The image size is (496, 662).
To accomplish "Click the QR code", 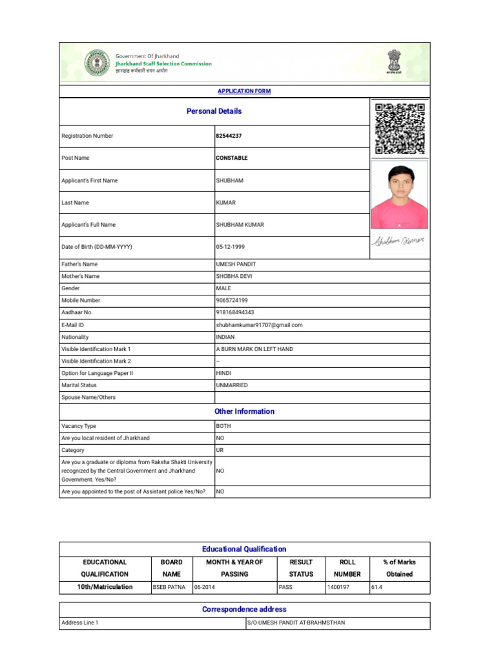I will (x=400, y=128).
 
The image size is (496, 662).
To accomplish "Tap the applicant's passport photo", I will (x=399, y=194).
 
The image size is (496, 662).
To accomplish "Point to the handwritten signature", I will (x=398, y=242).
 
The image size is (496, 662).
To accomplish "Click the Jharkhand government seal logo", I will (x=97, y=63).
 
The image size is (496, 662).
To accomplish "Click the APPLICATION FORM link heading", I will (x=244, y=91).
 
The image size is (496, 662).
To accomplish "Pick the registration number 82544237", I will (x=229, y=136).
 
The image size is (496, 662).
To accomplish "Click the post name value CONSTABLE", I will (x=232, y=158).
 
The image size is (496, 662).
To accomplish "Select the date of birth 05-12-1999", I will (x=231, y=247).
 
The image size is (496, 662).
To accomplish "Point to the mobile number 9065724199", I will (x=232, y=301).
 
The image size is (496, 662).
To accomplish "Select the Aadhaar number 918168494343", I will (x=235, y=312).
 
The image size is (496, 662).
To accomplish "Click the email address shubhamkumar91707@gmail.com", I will (x=259, y=325).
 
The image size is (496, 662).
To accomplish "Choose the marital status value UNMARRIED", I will (x=232, y=385).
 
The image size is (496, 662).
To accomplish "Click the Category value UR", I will (x=220, y=450).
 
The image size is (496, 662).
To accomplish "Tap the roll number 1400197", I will (x=339, y=587).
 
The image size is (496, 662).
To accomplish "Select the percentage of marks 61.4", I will (x=378, y=587).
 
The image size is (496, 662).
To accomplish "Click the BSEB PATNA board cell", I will (x=169, y=587).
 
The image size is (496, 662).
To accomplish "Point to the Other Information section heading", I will (x=244, y=411).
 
